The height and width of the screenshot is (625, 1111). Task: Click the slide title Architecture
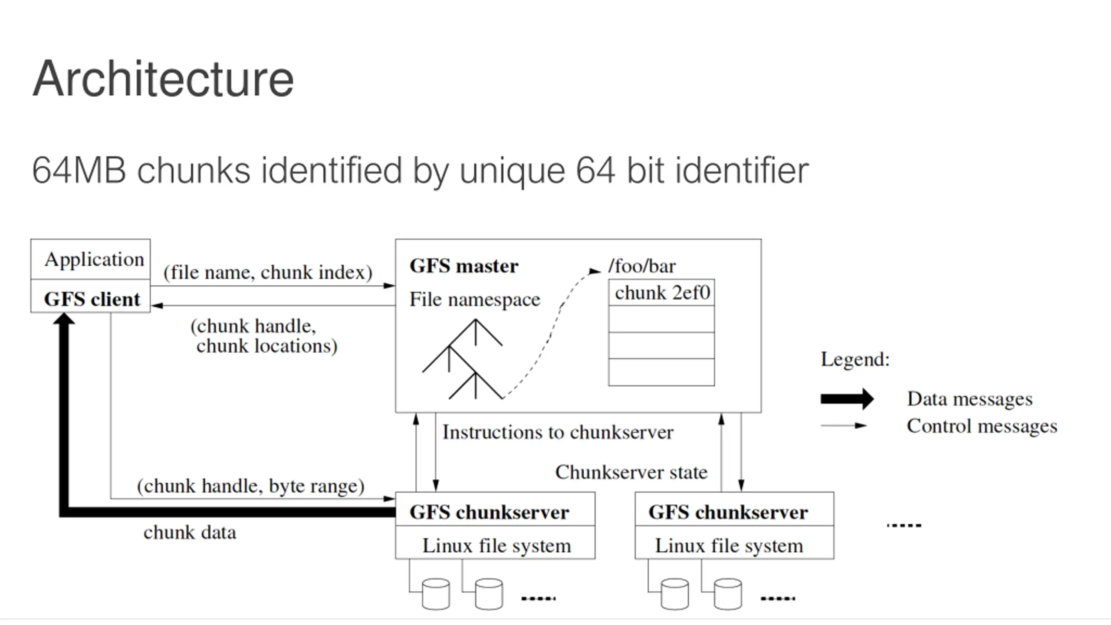163,79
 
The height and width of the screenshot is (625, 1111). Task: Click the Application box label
94,260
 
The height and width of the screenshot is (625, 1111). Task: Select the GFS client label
92,299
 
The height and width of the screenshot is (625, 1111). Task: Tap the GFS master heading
464,266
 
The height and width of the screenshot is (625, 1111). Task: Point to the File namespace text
475,299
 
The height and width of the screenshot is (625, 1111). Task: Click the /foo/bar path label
642,266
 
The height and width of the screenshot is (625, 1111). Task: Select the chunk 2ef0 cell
661,293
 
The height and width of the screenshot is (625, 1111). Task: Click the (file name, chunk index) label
268,273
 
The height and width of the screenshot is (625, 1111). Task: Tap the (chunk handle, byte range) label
250,486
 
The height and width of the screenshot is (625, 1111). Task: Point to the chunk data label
190,533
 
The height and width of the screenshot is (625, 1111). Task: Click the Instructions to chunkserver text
558,432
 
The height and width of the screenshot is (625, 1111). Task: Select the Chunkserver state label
631,472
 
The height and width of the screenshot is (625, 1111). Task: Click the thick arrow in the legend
847,399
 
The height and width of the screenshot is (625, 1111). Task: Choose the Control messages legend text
982,426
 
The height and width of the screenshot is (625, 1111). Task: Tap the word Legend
855,359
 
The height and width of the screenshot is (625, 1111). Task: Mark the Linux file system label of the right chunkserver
729,546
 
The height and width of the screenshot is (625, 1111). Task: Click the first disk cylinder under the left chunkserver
436,594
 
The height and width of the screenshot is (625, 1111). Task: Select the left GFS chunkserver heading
489,512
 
